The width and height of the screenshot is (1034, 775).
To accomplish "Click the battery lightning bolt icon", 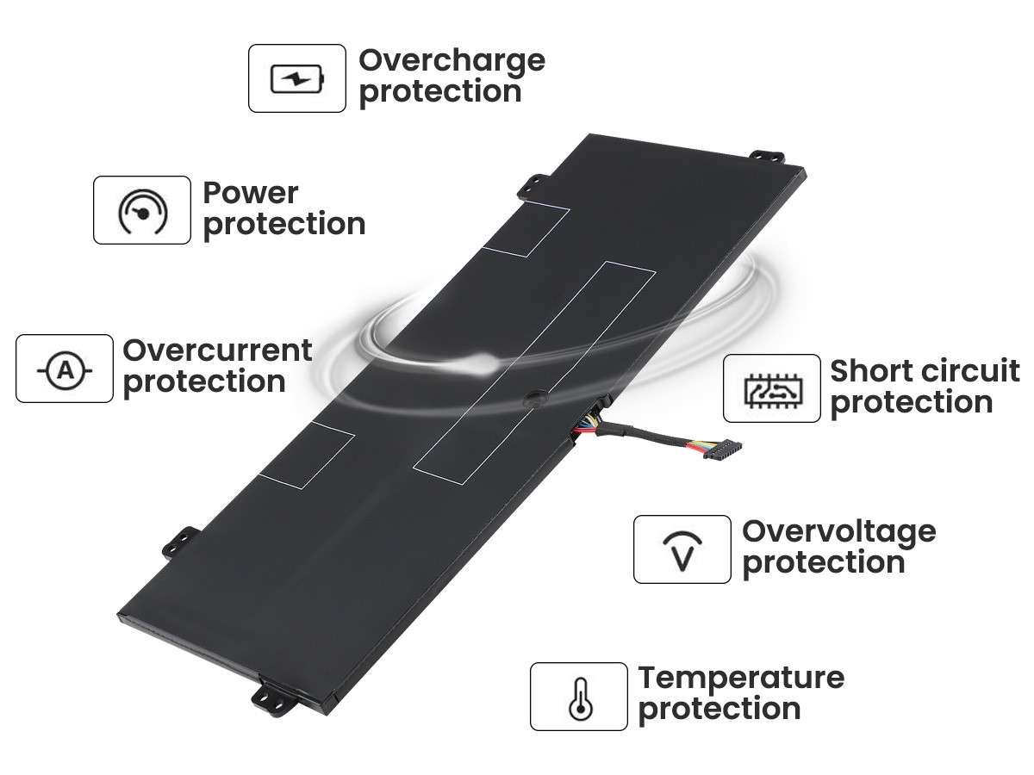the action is [x=296, y=78].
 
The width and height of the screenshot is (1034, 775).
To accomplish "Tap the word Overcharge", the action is [x=452, y=62].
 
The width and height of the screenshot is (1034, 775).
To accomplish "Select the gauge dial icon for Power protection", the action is [x=142, y=212].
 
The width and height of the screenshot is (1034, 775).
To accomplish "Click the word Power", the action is [x=250, y=194].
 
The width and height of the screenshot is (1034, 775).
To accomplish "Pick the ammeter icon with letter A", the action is [x=65, y=371].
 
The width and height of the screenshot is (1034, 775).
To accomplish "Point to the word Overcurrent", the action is [x=217, y=350].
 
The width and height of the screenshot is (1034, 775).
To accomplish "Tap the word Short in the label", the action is [x=872, y=371].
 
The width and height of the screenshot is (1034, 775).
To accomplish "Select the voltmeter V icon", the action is [x=682, y=551].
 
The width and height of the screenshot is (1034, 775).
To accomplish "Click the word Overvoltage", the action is [x=839, y=533].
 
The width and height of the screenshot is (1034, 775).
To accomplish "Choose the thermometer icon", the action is [x=581, y=698].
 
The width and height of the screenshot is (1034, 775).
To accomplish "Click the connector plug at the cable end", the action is [x=723, y=449].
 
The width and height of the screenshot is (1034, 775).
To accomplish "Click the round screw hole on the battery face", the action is [x=534, y=398].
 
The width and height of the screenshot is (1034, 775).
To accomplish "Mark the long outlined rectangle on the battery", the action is [x=534, y=373].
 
